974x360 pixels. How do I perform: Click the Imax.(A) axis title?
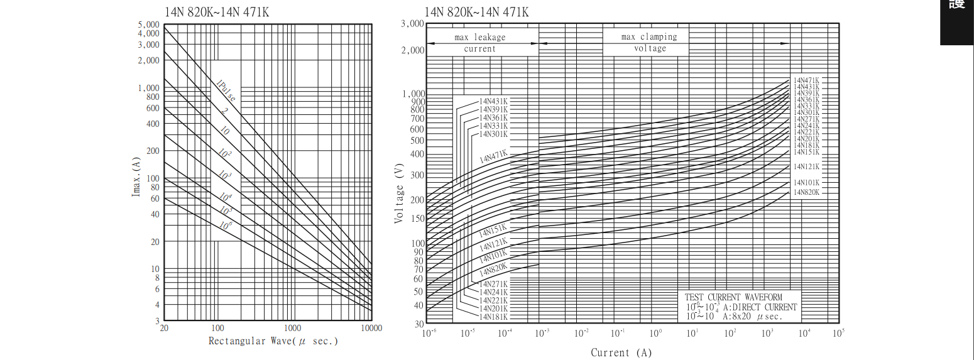click(136, 177)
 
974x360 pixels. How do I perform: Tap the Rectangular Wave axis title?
click(273, 341)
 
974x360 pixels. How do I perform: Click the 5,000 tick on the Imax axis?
click(149, 25)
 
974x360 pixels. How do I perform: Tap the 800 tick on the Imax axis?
click(153, 97)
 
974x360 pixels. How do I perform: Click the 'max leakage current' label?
click(480, 43)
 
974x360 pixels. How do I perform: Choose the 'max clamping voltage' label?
click(649, 42)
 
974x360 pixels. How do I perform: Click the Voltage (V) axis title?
click(399, 195)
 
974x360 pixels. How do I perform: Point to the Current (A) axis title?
click(621, 352)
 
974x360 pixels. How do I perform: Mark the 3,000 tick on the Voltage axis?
click(412, 24)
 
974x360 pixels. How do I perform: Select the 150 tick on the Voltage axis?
click(417, 219)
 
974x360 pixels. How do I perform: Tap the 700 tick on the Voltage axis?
click(417, 118)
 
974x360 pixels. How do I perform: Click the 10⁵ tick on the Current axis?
click(838, 333)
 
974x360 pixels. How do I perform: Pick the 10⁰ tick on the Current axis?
click(655, 333)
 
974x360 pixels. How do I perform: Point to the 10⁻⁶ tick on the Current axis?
click(430, 333)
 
